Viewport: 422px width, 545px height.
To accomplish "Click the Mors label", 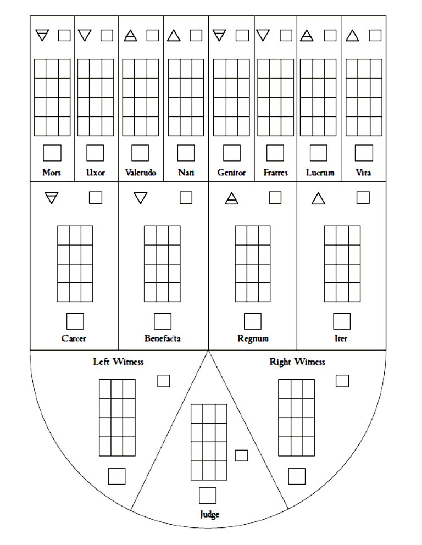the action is (x=52, y=173).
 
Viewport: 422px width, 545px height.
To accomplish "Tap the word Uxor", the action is (x=96, y=173).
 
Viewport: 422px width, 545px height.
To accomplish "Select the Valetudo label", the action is (x=141, y=173).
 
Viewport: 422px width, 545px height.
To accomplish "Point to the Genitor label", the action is (x=231, y=173).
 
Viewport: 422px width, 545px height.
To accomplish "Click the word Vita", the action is (x=363, y=173).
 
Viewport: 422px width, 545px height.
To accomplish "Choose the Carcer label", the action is (x=74, y=338).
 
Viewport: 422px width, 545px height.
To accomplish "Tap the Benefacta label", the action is (x=162, y=338).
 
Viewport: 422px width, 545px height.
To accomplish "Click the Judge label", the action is (x=209, y=514).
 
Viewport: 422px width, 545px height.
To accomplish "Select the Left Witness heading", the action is (x=118, y=362).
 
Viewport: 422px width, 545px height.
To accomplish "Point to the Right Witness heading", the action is (x=297, y=362).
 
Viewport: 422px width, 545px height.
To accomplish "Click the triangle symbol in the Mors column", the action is (x=42, y=36).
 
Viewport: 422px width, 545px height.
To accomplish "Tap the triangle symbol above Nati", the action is (x=174, y=36).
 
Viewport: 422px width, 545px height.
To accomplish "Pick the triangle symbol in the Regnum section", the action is (x=231, y=198).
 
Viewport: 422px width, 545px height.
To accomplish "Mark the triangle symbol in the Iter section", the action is (x=318, y=198).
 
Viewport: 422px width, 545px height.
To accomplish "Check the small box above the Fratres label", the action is (x=275, y=153).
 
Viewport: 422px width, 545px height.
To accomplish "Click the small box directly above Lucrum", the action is (x=318, y=153).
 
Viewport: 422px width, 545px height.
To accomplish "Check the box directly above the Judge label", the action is (x=208, y=496).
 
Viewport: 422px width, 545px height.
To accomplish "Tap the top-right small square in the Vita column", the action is (x=375, y=36).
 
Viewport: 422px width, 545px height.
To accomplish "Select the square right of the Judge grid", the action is (x=241, y=455).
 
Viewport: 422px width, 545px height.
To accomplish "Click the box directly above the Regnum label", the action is (x=252, y=321).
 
